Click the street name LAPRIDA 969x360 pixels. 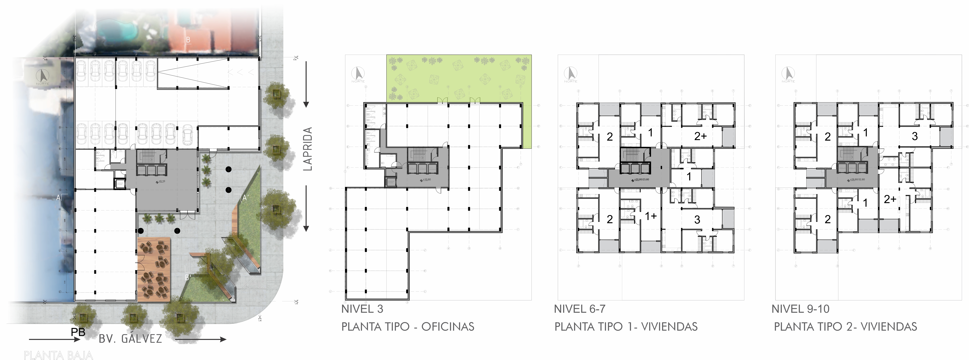tap(308, 149)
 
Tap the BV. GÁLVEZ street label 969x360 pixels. tap(130, 339)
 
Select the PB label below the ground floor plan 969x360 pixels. tap(78, 332)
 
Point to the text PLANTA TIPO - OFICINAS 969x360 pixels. tap(407, 327)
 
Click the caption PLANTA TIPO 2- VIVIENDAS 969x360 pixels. tap(845, 327)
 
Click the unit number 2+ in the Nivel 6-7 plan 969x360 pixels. tap(700, 136)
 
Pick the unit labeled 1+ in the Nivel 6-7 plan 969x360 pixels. tap(650, 216)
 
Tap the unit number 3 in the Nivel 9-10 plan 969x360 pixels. tap(914, 136)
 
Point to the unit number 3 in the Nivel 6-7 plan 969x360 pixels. tap(697, 220)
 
